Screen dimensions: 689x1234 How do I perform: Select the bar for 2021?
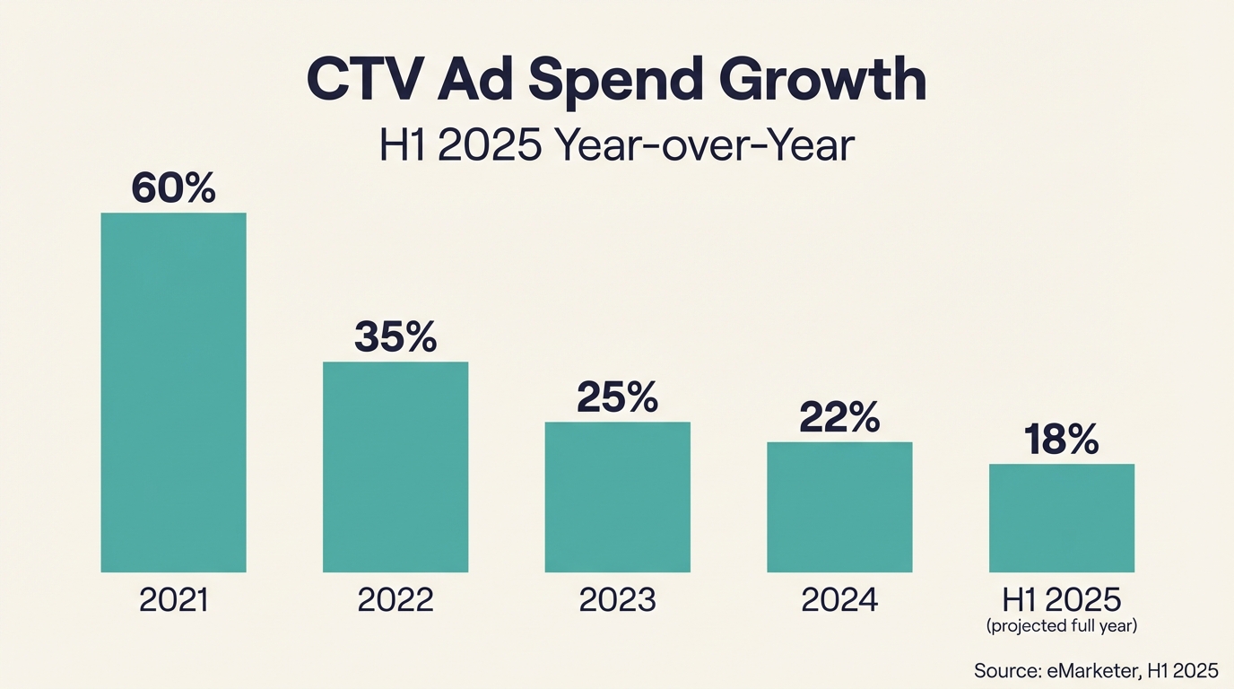173,392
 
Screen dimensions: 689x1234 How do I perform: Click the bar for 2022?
395,467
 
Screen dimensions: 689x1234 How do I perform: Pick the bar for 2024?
839,507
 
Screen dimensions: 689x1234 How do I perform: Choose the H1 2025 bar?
1062,518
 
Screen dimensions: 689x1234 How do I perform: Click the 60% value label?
173,188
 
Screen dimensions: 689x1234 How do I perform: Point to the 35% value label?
395,337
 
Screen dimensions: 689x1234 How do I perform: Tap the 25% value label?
618,397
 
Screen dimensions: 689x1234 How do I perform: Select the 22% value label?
839,418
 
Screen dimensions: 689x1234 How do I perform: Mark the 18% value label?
1062,440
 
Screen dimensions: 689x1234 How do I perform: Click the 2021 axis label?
173,600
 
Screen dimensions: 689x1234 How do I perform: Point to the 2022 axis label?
395,600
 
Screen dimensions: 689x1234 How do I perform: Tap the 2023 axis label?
618,600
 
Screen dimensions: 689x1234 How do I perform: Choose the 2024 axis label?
839,600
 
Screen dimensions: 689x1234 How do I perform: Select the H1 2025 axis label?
1062,599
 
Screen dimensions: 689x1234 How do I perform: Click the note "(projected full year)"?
1062,626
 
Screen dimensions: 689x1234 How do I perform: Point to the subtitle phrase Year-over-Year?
703,145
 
